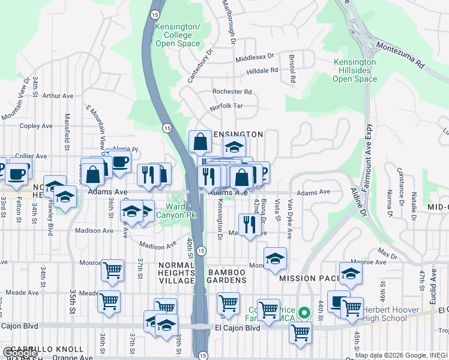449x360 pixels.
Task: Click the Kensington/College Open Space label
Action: point(177,35)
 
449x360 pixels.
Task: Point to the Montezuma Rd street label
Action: point(400,53)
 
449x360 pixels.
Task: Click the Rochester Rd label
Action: point(232,92)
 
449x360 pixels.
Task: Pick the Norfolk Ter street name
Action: point(226,107)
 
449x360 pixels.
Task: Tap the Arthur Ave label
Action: point(58,95)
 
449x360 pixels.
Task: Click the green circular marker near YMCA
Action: point(304,312)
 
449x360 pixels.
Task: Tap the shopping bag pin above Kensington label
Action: point(200,143)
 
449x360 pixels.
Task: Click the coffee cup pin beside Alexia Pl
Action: point(119,161)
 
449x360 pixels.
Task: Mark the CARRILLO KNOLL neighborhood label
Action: point(41,349)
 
